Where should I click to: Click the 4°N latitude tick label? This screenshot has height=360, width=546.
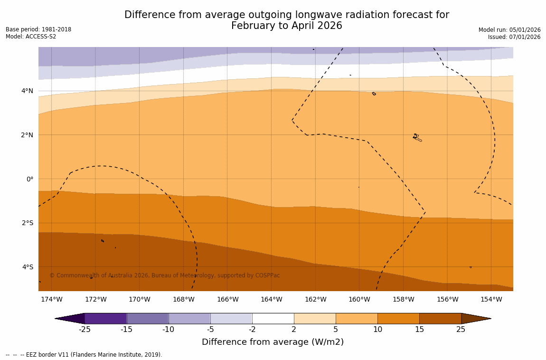coord(27,91)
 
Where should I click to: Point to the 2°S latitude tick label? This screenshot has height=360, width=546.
coord(27,223)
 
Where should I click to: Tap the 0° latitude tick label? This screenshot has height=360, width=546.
coord(29,179)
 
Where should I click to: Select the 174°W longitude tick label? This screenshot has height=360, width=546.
coord(51,299)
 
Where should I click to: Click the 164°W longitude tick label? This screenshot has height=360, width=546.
coord(271,299)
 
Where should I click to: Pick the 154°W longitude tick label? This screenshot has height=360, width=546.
coord(491,299)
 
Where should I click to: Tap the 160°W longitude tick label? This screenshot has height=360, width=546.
coord(359,299)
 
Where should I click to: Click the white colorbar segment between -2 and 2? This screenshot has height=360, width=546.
coord(273,318)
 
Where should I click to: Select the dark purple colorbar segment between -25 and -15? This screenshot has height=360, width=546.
coord(105,318)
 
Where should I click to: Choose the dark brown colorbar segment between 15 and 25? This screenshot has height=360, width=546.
coord(440,318)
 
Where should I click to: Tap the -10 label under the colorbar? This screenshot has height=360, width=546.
coord(169,330)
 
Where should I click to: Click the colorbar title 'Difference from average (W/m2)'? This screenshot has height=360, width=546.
coord(273,342)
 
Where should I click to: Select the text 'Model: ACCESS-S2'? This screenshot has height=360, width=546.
coord(31,37)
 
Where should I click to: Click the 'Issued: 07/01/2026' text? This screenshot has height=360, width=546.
coord(514,37)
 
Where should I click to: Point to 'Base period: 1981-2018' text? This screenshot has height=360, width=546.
coord(38,29)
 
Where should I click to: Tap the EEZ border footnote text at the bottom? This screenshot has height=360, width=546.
coord(84,355)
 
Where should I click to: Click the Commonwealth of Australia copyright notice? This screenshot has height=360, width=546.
coord(165,275)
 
